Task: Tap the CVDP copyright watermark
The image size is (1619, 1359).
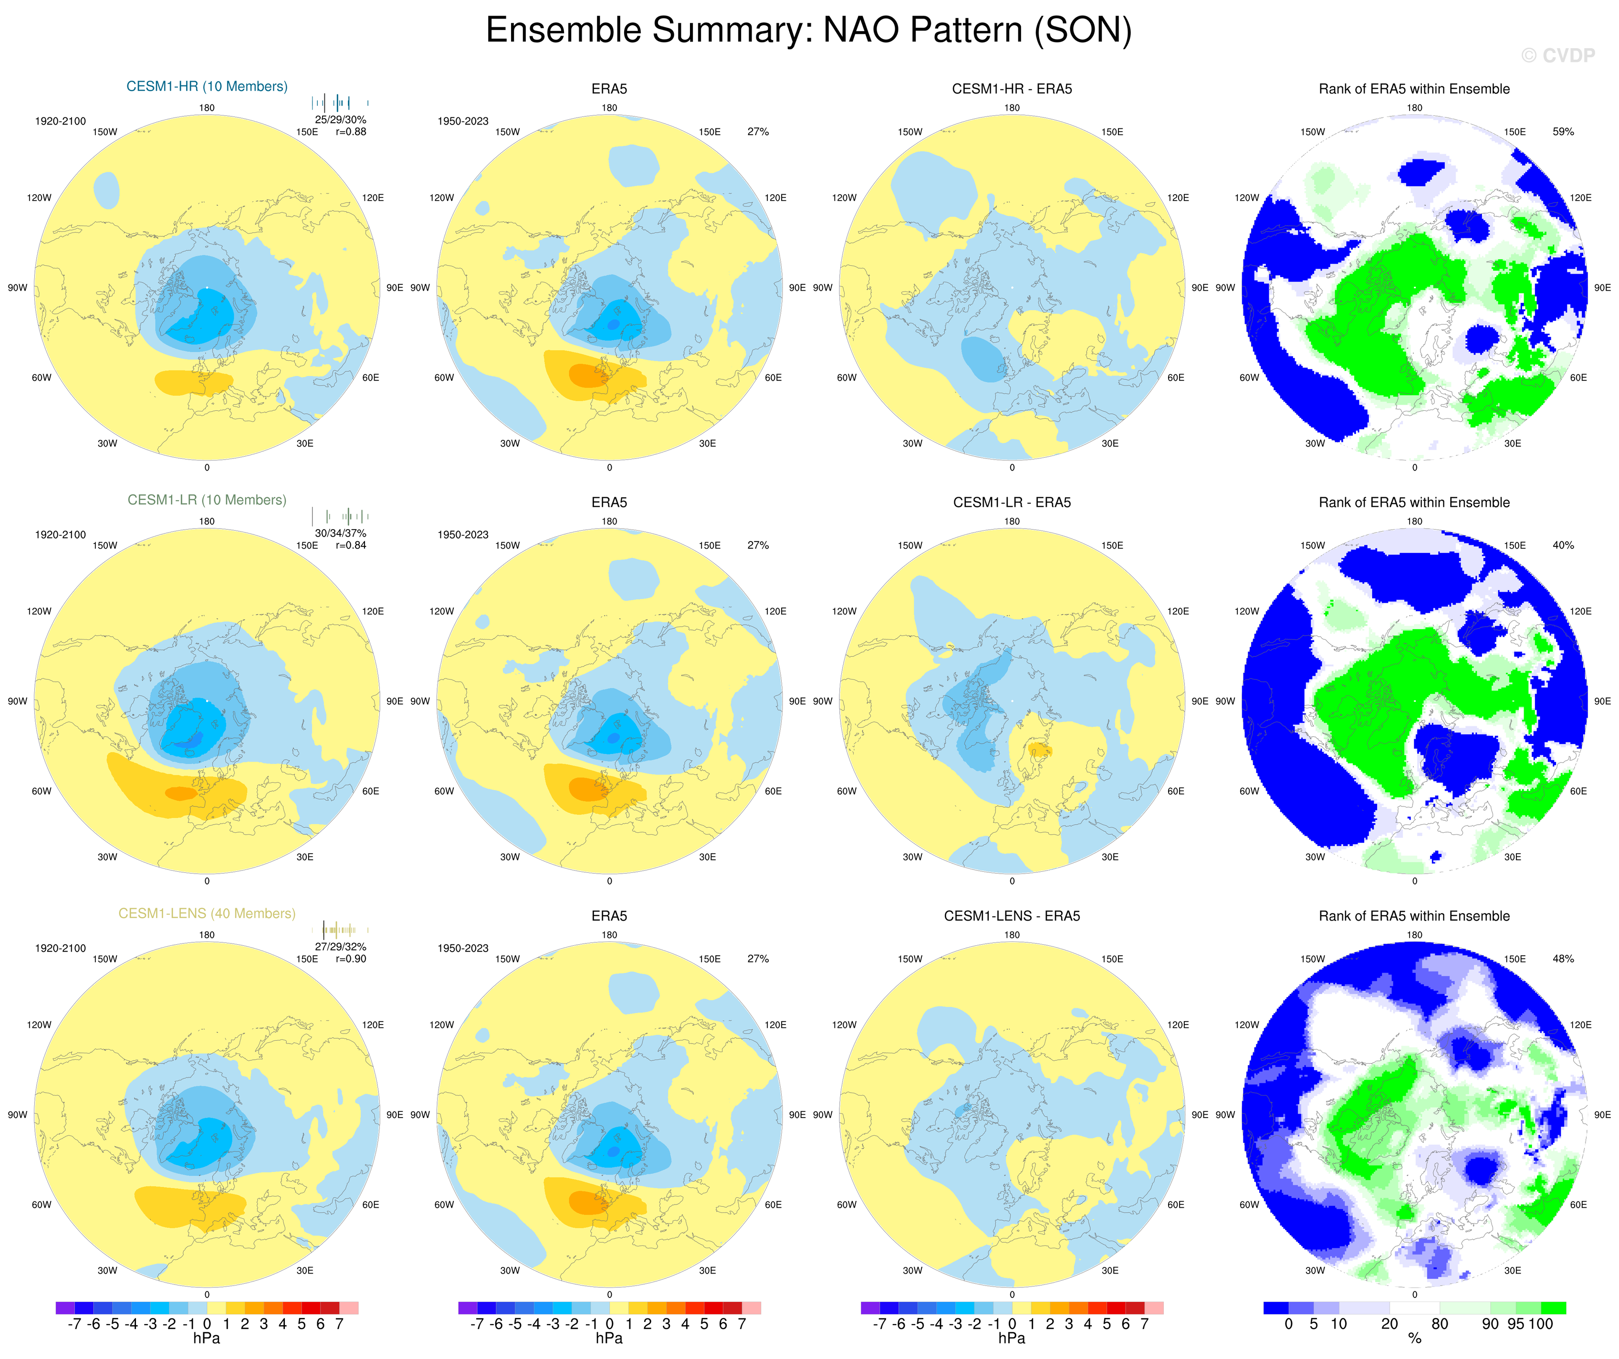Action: point(1557,55)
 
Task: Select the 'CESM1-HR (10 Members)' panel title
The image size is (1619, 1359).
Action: point(207,86)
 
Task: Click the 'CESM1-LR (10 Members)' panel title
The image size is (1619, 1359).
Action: point(207,500)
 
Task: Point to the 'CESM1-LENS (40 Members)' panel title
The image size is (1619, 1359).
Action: point(207,913)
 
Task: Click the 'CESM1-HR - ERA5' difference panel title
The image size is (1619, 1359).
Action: point(1012,89)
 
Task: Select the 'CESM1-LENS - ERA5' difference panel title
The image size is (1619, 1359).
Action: point(1012,916)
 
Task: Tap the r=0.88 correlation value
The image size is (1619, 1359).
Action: point(351,132)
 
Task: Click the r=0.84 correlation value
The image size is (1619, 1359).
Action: point(351,545)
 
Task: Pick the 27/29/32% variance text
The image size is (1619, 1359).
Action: point(340,947)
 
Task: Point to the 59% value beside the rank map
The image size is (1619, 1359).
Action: point(1563,132)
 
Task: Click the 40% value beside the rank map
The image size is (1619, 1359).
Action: point(1563,545)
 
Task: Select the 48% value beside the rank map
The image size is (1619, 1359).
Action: point(1563,959)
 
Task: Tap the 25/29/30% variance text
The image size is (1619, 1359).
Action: point(340,119)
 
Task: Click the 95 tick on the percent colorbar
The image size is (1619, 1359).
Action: point(1515,1324)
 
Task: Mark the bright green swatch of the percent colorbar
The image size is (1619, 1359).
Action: point(1554,1308)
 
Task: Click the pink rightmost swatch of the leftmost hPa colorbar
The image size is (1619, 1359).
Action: point(348,1308)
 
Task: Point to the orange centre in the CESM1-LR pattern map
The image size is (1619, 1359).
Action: point(181,793)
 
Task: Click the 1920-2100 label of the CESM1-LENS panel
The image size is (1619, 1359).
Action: point(60,948)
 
